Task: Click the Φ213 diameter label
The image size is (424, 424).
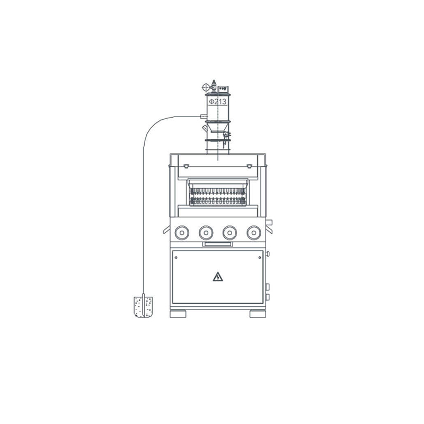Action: tap(218, 102)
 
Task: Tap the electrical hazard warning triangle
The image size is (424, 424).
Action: tap(218, 277)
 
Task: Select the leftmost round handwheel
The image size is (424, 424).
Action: tap(182, 233)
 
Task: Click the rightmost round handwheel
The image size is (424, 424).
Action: tap(254, 233)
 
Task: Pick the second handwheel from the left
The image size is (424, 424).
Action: tap(206, 233)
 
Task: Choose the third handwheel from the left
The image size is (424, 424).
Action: tap(230, 233)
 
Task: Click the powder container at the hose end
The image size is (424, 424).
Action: tap(143, 307)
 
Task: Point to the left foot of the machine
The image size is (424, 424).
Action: tap(178, 314)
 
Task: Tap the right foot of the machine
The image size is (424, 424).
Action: tap(258, 314)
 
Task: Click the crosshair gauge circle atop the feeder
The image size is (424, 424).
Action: tap(206, 87)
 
